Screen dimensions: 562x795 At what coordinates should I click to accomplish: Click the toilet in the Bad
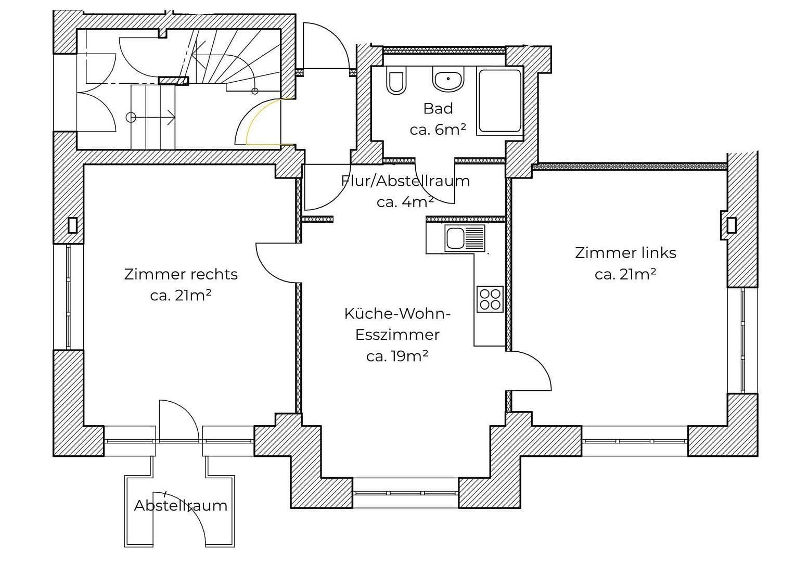(x=396, y=82)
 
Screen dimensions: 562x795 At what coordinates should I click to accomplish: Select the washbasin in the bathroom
(x=447, y=81)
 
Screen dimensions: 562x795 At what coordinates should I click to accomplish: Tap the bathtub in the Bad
(x=499, y=101)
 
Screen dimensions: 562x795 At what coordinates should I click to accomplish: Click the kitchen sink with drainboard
(x=464, y=238)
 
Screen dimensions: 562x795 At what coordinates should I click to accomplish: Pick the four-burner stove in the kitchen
(x=490, y=299)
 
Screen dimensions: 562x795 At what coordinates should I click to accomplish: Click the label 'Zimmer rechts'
(x=181, y=274)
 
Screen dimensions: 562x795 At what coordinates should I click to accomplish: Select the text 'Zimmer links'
(x=625, y=253)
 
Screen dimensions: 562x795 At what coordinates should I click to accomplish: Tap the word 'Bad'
(x=438, y=108)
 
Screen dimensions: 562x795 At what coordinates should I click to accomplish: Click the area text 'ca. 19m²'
(x=397, y=356)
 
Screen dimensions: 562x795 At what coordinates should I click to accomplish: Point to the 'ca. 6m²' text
(x=438, y=130)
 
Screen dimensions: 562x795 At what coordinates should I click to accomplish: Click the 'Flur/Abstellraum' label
(x=405, y=181)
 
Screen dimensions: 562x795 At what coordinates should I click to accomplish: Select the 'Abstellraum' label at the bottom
(x=181, y=505)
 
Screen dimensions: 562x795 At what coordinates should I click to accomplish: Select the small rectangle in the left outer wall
(x=72, y=225)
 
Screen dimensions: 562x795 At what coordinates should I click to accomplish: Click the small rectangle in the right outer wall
(x=732, y=225)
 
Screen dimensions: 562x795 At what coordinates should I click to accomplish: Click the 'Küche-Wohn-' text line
(x=397, y=314)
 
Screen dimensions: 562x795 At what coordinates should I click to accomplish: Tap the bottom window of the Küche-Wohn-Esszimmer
(x=406, y=493)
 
